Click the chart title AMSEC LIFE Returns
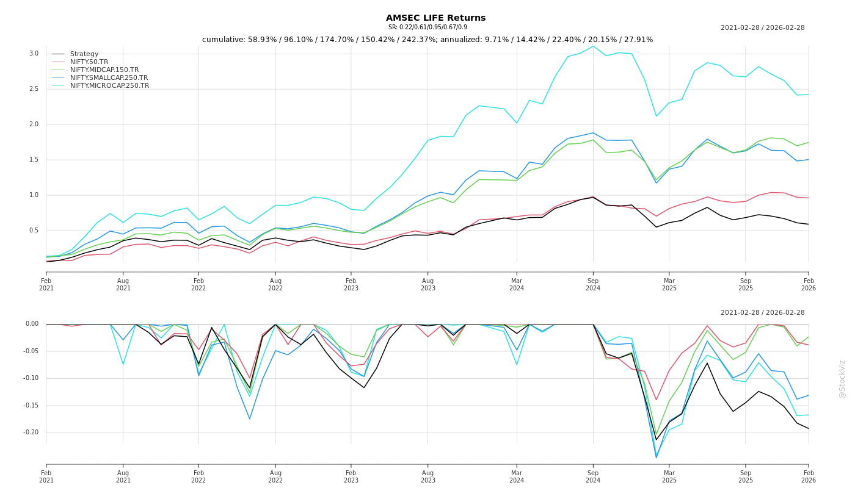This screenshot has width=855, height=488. coord(435,18)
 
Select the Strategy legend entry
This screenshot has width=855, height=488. coord(84,54)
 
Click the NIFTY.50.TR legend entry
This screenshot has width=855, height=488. coord(89,62)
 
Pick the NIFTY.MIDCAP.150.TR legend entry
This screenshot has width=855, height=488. coord(104,70)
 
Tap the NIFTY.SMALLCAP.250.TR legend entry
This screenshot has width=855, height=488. coord(109,78)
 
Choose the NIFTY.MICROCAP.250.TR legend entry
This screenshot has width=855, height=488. coord(109,86)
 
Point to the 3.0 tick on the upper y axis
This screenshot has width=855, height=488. coord(34,54)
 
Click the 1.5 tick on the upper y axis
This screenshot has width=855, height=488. coord(34,160)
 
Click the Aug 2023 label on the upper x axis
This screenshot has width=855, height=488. coord(428,284)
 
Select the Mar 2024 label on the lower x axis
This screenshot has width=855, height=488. coord(517,476)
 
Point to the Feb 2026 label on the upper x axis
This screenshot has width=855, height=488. coord(809,284)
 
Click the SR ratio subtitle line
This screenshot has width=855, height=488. coord(428,27)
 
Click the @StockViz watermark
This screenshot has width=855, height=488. coord(842,379)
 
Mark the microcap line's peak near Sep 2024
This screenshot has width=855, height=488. coord(592,46)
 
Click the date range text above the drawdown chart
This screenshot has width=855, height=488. coord(762,312)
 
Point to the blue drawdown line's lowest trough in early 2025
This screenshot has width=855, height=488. coord(657,457)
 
